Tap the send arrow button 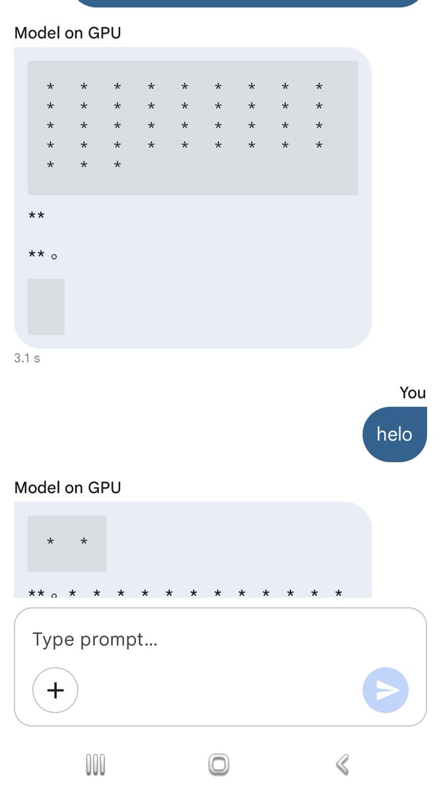coord(386,689)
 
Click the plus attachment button coord(55,689)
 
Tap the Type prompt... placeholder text coord(95,639)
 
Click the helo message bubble coord(395,434)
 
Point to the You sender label coord(413,393)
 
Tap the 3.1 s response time coord(27,358)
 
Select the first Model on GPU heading coord(67,33)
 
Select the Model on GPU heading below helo coord(67,487)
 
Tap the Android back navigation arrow coord(343,765)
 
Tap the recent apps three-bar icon coord(96,765)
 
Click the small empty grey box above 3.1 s coord(46,307)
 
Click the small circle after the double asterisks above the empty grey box coord(54,256)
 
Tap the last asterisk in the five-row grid coord(118,164)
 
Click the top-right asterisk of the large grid coord(319,86)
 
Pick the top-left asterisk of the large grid coord(51,86)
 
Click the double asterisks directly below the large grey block coord(36,215)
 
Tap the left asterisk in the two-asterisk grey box coord(51,541)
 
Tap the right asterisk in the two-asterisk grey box coord(84,541)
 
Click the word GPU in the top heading coord(104,33)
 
